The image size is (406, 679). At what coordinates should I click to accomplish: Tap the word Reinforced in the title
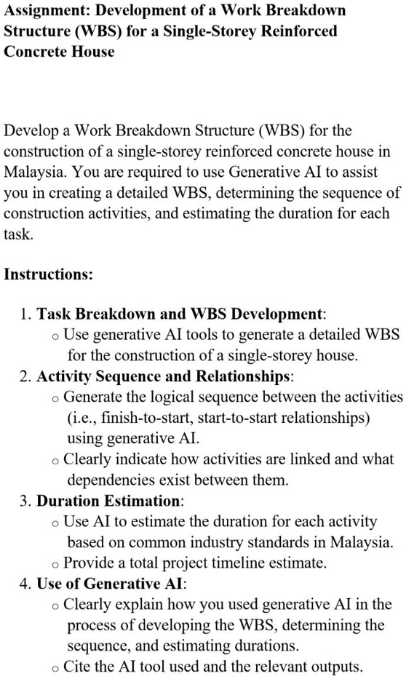pyautogui.click(x=298, y=32)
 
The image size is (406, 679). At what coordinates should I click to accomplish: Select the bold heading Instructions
pyautogui.click(x=49, y=275)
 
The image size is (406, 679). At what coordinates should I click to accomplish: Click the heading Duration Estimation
pyautogui.click(x=110, y=501)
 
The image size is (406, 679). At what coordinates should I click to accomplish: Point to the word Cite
pyautogui.click(x=77, y=667)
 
